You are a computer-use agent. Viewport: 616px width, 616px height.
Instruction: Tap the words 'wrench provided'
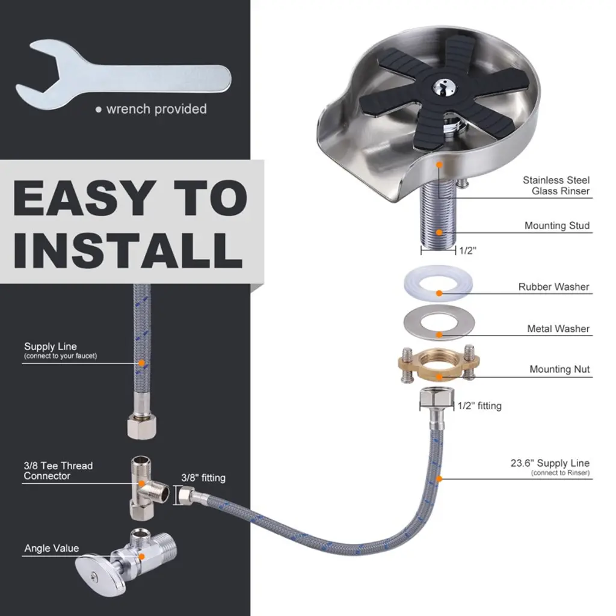(156, 109)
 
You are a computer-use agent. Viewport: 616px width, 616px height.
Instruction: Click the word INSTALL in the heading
(128, 250)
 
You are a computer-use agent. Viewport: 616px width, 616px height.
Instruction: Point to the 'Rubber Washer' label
(553, 287)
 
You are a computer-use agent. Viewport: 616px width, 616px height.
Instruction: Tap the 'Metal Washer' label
(558, 328)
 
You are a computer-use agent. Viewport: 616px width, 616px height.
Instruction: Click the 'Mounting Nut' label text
(559, 369)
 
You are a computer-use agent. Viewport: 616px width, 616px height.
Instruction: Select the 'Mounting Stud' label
(557, 226)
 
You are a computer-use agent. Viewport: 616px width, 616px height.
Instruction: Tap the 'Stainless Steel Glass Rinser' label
(556, 185)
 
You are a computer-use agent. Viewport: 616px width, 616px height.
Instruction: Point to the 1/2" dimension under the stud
(467, 250)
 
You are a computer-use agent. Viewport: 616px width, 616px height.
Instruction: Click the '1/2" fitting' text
(479, 405)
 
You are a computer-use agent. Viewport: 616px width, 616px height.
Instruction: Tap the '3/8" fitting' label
(203, 478)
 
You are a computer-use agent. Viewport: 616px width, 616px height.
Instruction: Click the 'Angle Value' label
(52, 548)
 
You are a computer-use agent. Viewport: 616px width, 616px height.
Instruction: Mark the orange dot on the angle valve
(142, 556)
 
